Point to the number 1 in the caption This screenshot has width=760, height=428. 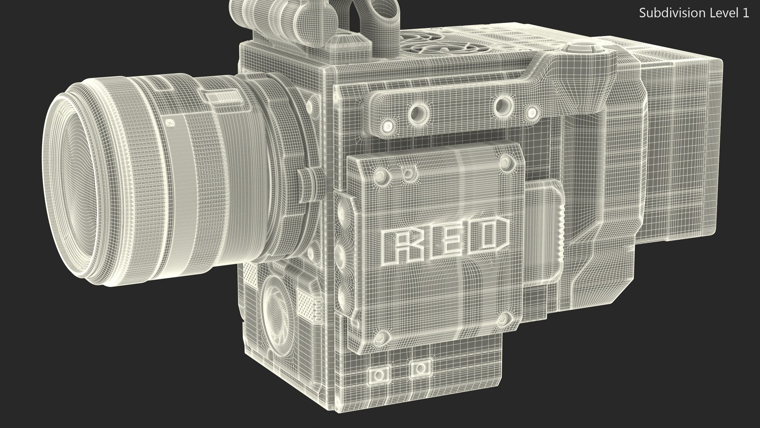(745, 13)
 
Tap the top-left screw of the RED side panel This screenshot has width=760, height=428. (380, 174)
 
